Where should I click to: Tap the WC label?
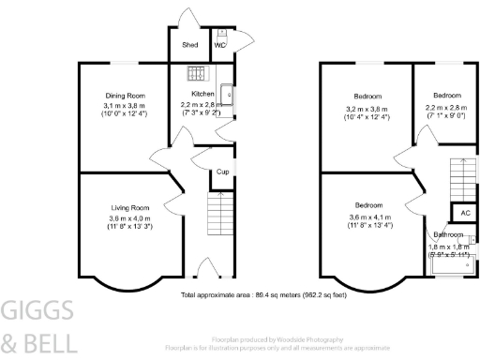click(x=221, y=44)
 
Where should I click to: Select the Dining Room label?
click(x=124, y=96)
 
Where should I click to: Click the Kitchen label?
click(x=203, y=95)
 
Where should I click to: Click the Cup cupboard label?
click(x=223, y=172)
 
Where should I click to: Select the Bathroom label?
click(x=448, y=234)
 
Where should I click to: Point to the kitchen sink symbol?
click(x=228, y=93)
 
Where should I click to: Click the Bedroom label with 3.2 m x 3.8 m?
click(x=367, y=97)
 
